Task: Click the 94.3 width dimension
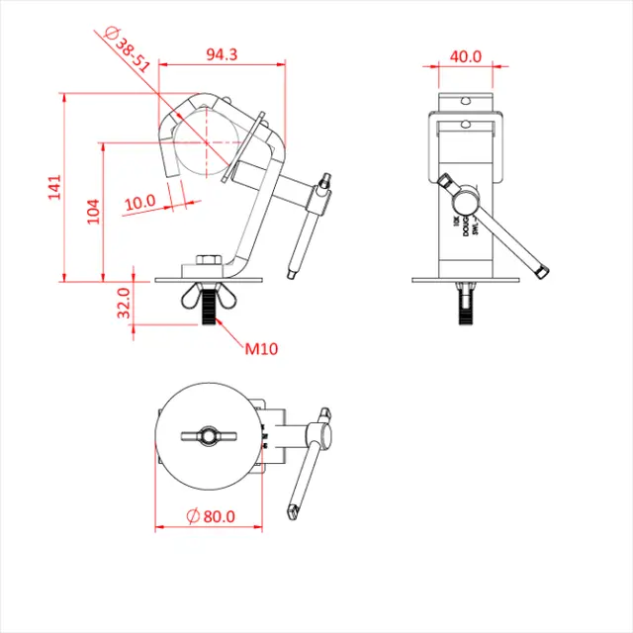[221, 55]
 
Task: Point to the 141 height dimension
[54, 187]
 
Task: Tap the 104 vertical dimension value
[94, 211]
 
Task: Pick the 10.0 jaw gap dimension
[139, 202]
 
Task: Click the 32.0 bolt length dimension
[124, 303]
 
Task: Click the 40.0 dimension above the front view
[465, 56]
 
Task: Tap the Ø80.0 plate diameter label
[211, 515]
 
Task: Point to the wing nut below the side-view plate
[209, 295]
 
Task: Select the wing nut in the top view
[209, 435]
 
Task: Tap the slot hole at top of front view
[465, 101]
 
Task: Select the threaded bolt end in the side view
[209, 317]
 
